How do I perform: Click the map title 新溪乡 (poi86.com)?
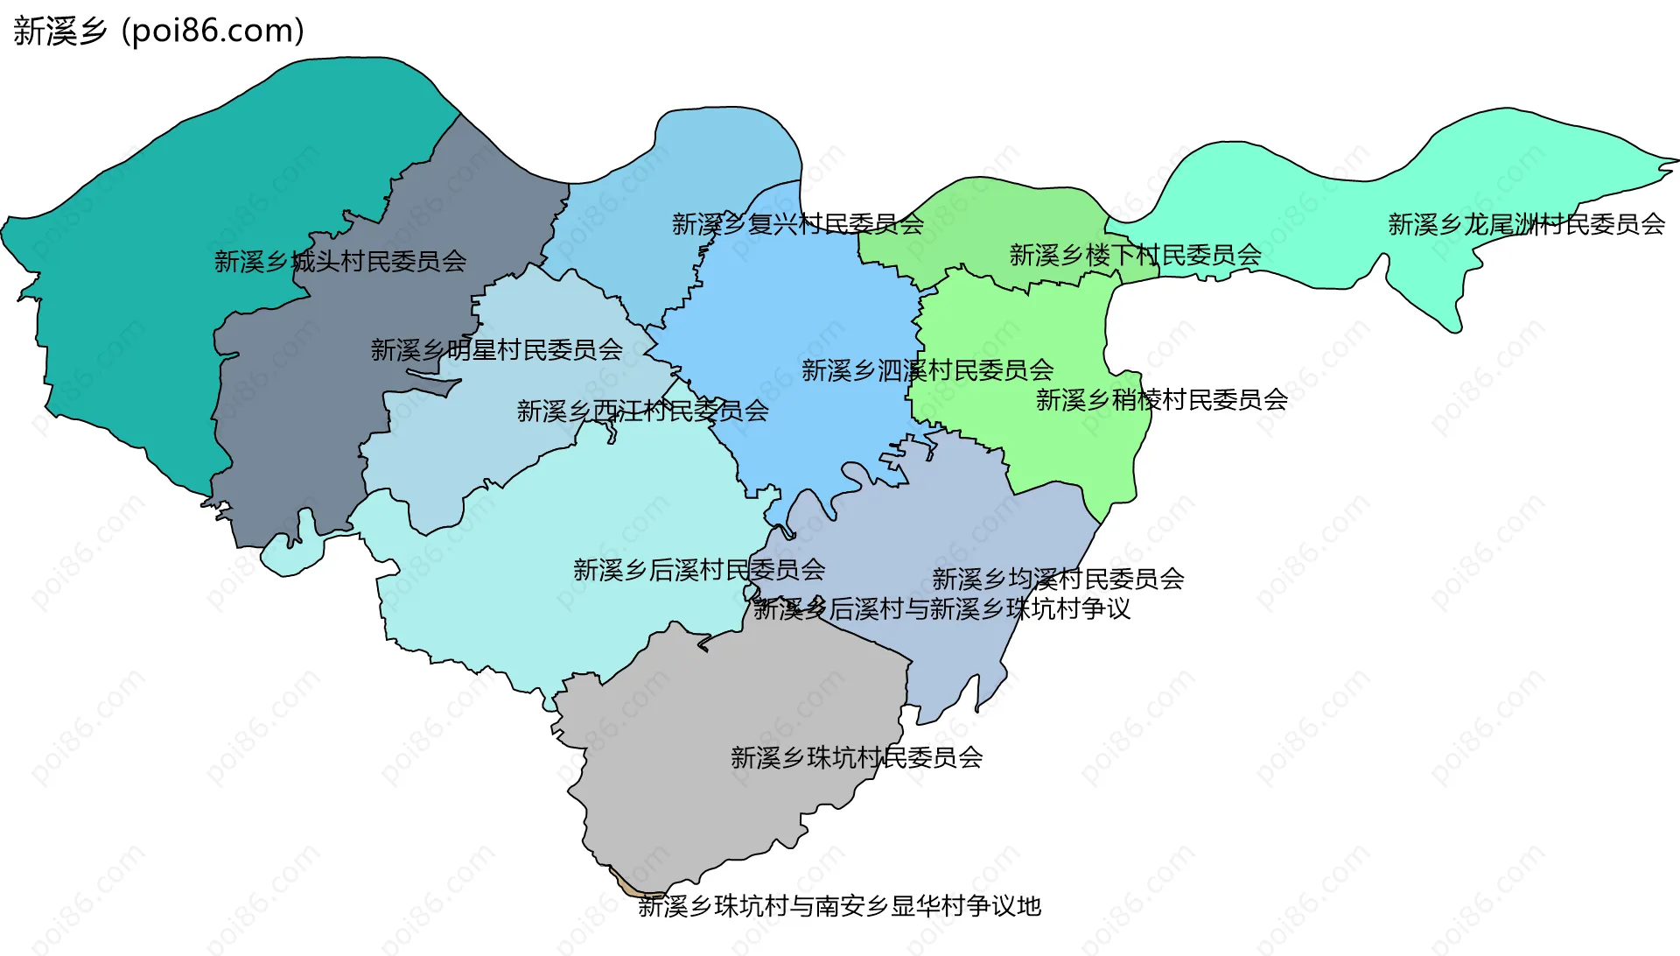[x=158, y=31]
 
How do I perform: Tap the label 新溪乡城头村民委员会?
[x=340, y=261]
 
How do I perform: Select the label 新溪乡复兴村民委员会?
[x=797, y=224]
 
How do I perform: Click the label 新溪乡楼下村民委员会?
[x=1135, y=255]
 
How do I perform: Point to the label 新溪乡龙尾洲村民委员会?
[x=1526, y=224]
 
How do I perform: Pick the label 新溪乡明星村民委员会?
[x=496, y=350]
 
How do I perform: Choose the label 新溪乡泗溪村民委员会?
[x=927, y=370]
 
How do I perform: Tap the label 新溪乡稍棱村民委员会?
[x=1161, y=399]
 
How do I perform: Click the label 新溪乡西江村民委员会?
[x=642, y=411]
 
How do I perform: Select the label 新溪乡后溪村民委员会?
[x=698, y=570]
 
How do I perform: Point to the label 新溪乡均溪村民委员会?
[x=1057, y=579]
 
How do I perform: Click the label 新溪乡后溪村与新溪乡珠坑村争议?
[x=941, y=608]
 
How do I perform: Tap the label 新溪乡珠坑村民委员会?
[x=856, y=757]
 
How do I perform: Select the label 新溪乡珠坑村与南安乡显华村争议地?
[x=839, y=906]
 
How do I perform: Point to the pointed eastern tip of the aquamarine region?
[x=1675, y=161]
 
